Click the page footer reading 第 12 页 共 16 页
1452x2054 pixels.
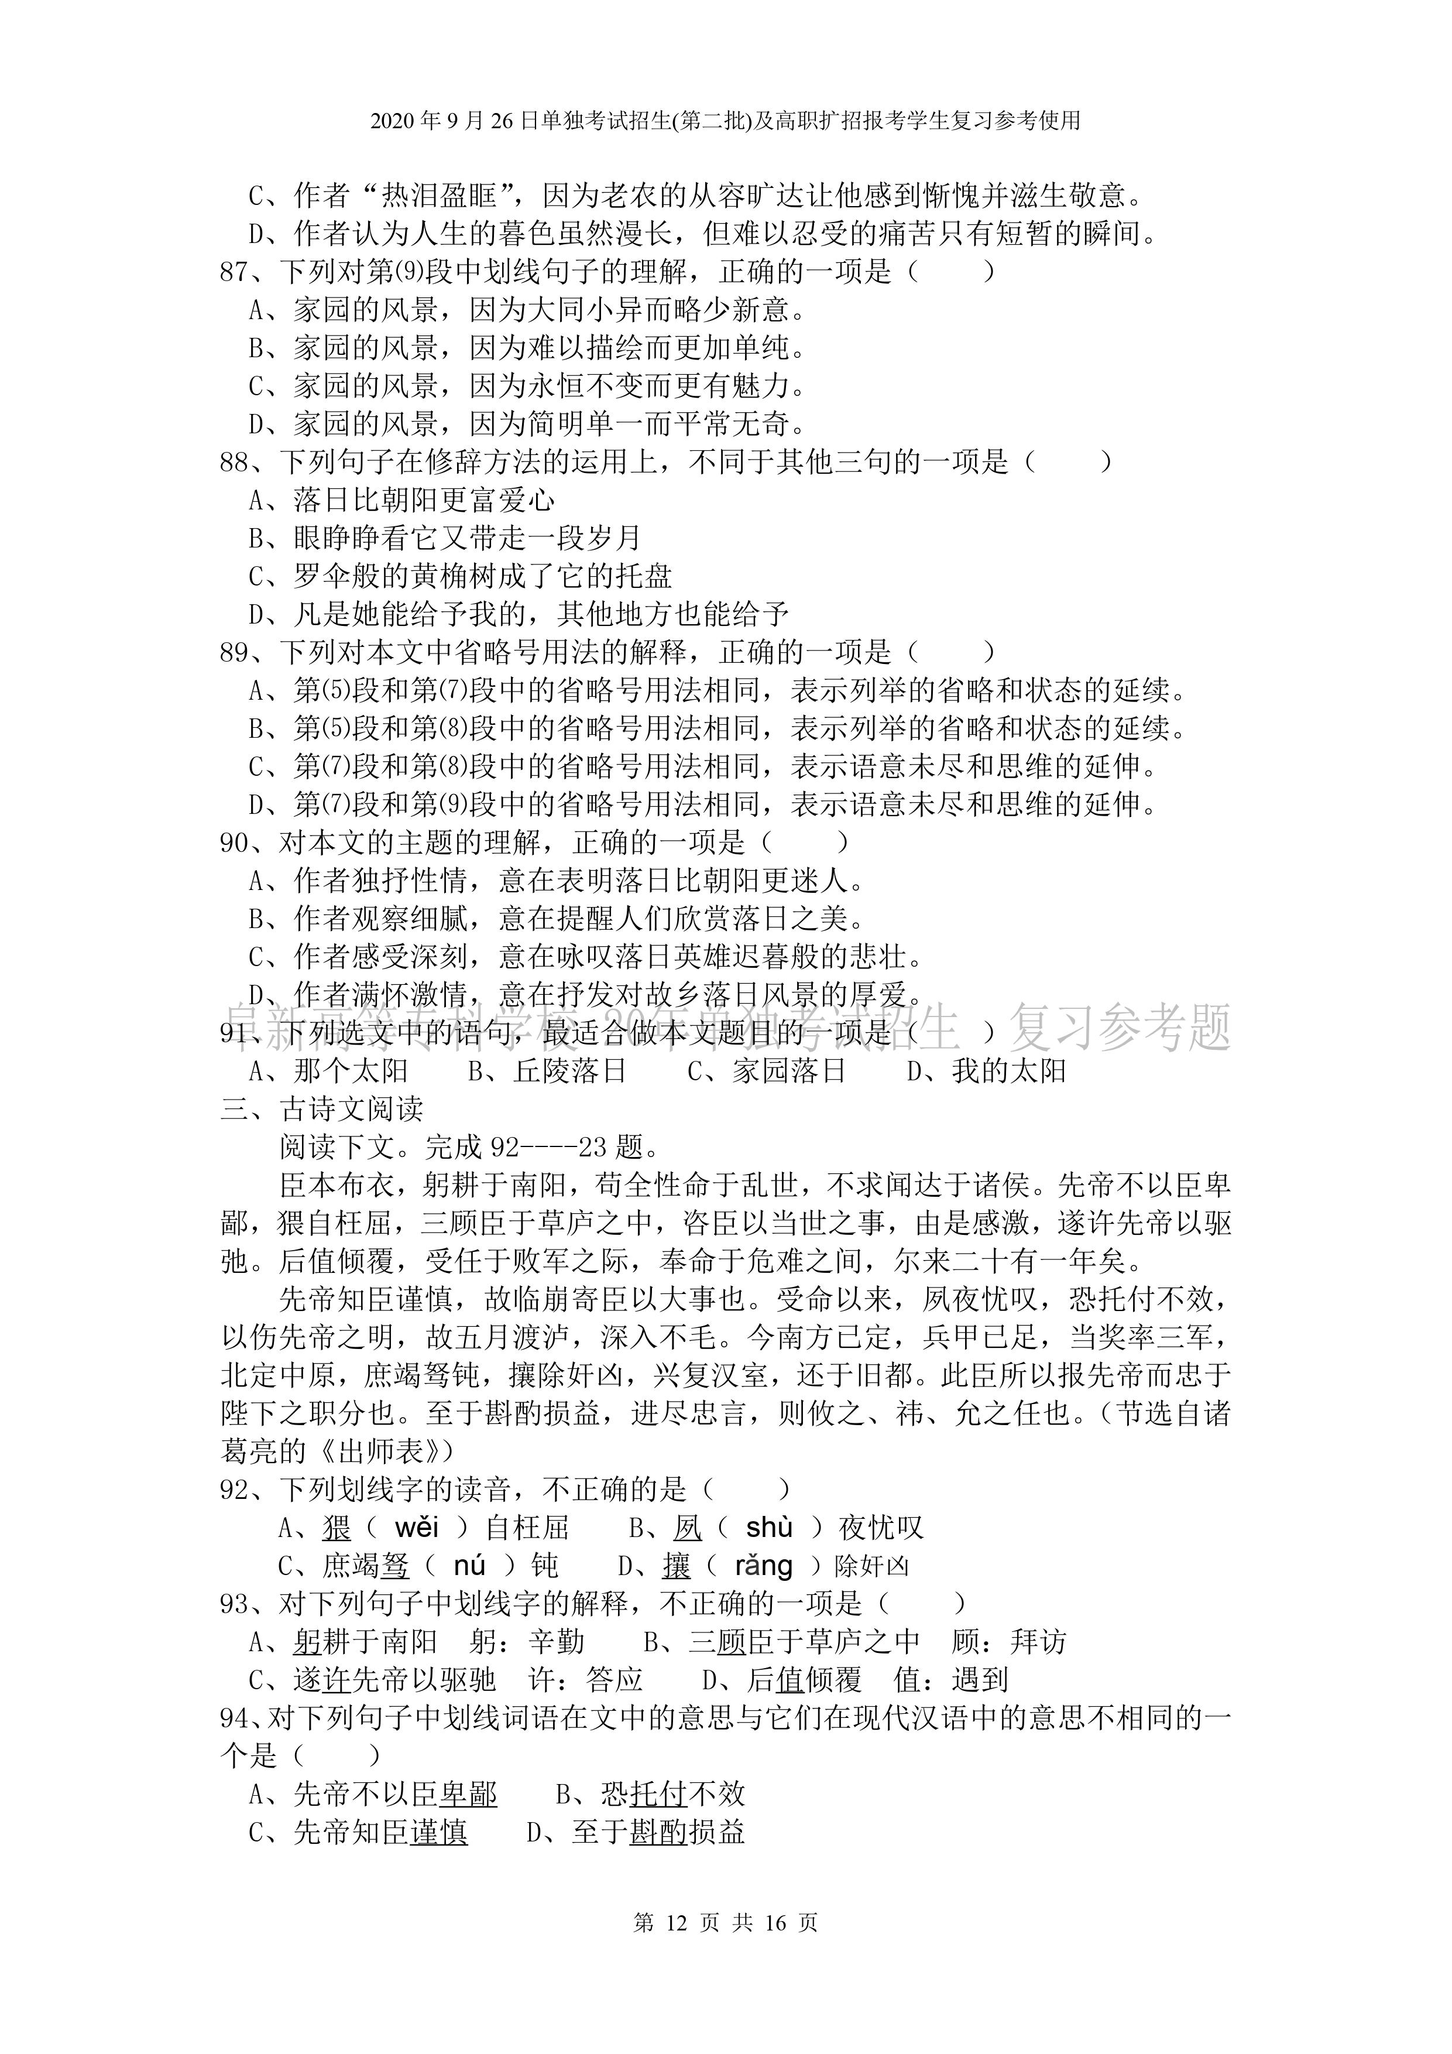click(x=725, y=1922)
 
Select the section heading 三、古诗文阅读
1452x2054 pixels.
click(x=322, y=1110)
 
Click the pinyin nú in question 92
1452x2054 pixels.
click(x=469, y=1566)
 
